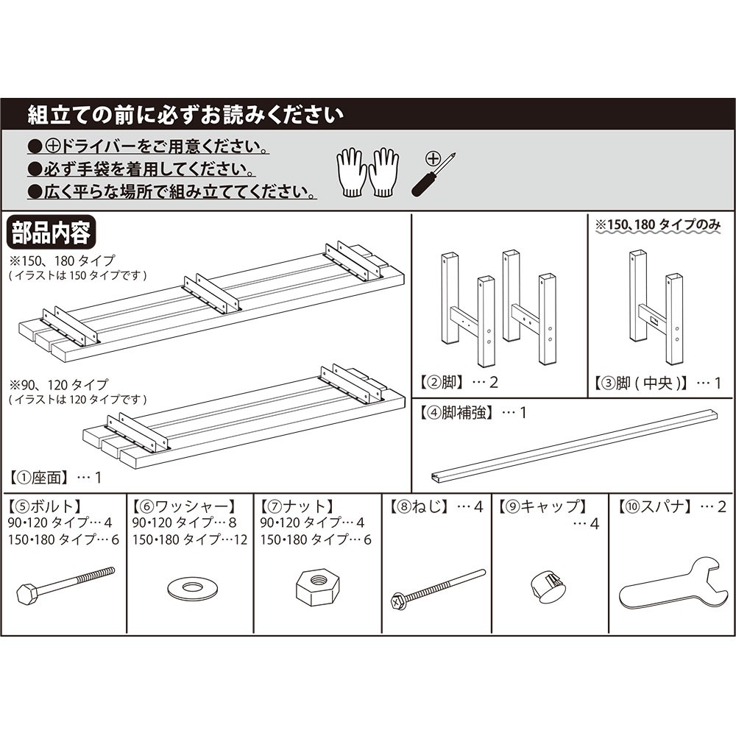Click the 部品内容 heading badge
click(x=50, y=233)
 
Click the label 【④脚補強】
click(x=457, y=412)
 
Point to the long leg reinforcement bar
click(x=574, y=445)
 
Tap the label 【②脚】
click(x=442, y=383)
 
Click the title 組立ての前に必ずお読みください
click(x=185, y=116)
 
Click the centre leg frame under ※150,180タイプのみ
click(x=654, y=309)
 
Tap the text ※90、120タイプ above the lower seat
click(x=59, y=385)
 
